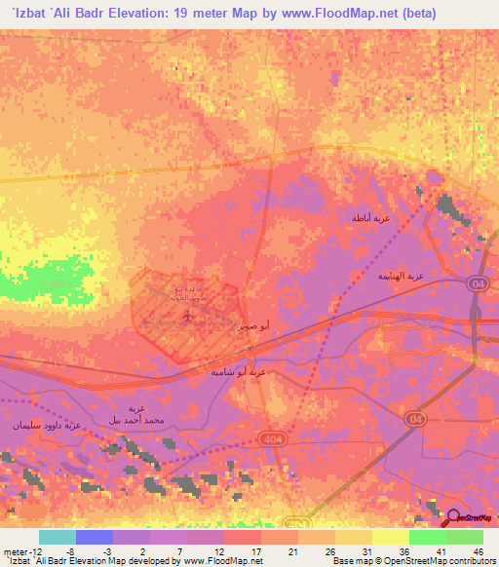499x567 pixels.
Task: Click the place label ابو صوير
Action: coord(253,323)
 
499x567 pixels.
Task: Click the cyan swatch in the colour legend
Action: coord(58,537)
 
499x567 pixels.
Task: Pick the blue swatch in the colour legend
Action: coord(95,537)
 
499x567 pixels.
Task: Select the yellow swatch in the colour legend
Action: coord(391,537)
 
